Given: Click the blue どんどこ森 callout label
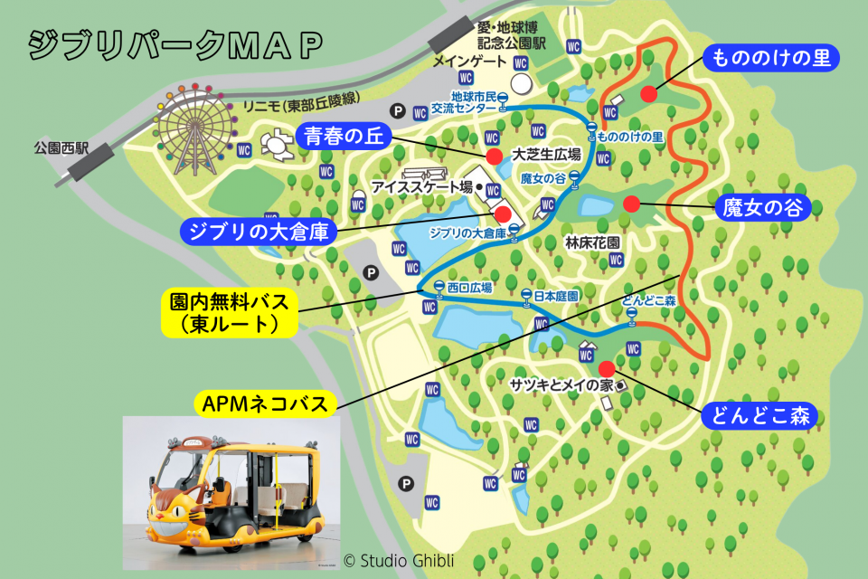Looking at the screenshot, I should pos(759,415).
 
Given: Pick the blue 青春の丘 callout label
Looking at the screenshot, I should pos(344,137).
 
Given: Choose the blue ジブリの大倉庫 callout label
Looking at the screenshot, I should pos(259,231).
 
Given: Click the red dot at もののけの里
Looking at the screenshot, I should pos(648,93).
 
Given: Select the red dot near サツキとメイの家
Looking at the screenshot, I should pos(606,367).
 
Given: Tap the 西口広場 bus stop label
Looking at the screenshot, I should pos(471,288).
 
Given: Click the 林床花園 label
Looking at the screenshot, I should pos(592,243).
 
